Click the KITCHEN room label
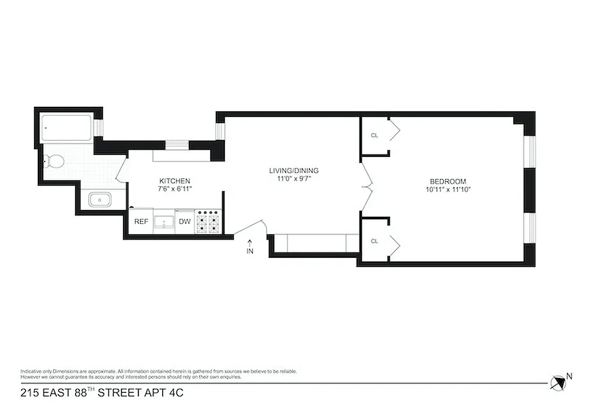click(171, 180)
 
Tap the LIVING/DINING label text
click(293, 170)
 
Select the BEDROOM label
click(449, 181)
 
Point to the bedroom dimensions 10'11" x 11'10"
click(449, 190)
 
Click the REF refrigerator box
click(141, 222)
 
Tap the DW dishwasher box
click(185, 222)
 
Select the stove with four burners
click(208, 221)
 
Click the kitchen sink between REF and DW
click(165, 221)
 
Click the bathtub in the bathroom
click(66, 127)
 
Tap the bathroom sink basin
click(99, 200)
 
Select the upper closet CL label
click(374, 136)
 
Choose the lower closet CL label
click(374, 241)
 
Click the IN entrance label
click(250, 252)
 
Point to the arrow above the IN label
click(250, 242)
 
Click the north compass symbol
click(558, 382)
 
